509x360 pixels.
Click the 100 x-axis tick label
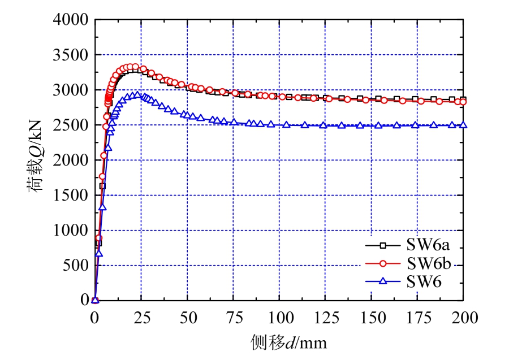(x=279, y=318)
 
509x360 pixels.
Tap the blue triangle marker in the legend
(x=383, y=280)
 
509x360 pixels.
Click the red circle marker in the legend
(x=383, y=263)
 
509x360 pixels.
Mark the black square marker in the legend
(x=383, y=246)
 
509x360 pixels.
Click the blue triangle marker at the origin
(x=95, y=300)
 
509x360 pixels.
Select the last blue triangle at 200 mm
(x=463, y=125)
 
